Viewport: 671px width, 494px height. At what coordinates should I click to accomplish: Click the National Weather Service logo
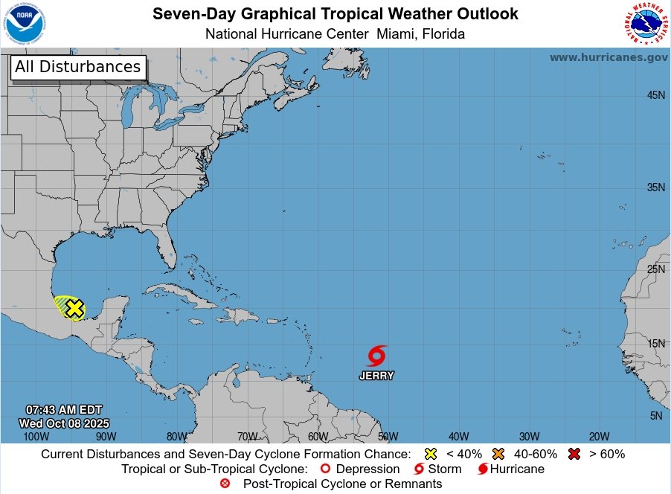644,25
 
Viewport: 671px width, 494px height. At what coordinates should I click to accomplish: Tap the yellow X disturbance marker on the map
74,308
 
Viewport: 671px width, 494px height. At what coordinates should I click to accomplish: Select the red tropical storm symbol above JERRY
377,356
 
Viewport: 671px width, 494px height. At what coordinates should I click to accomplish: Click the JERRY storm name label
376,376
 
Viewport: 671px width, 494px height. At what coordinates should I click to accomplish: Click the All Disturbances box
77,67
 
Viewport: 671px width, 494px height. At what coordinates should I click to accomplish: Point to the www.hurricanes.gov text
609,57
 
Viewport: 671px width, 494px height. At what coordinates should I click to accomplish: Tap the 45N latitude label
655,95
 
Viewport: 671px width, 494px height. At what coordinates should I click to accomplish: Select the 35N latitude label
655,187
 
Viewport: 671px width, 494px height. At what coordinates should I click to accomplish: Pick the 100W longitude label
36,436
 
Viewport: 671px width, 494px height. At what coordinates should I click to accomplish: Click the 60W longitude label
318,436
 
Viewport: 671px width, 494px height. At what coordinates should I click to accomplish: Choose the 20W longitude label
599,436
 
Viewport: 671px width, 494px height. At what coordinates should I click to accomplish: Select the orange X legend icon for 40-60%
498,454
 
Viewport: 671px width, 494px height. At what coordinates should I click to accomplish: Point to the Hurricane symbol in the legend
483,469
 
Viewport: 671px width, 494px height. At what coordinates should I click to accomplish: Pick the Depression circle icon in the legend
324,469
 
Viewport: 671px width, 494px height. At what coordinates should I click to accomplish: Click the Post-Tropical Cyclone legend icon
225,484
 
